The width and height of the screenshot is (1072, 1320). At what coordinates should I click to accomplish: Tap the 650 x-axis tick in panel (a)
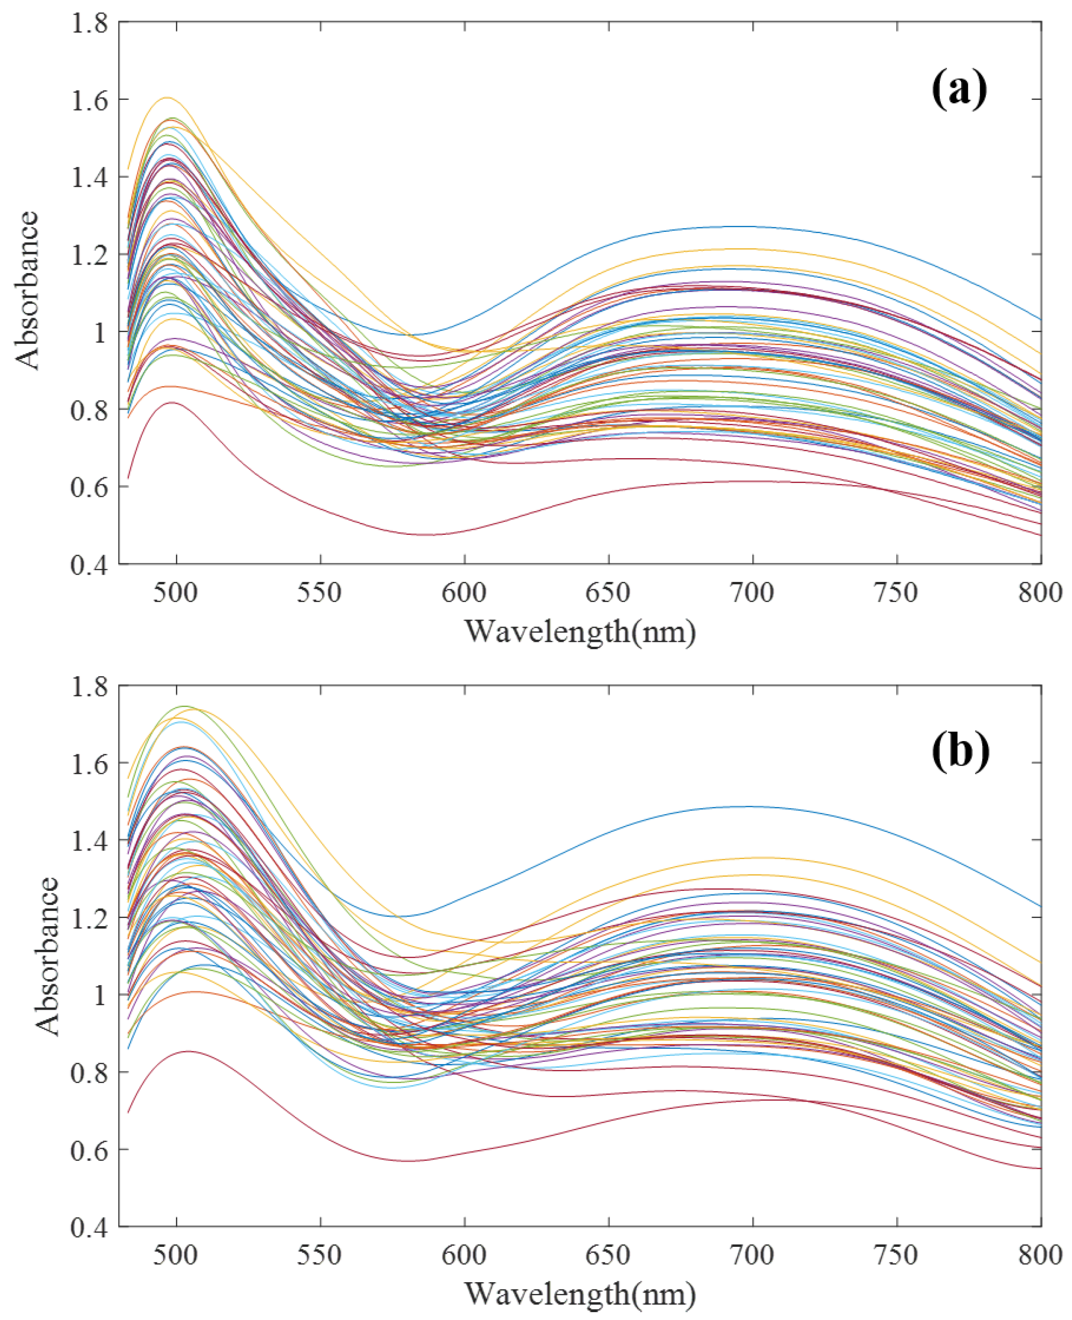point(608,593)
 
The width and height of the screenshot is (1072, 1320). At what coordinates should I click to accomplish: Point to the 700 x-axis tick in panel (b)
point(753,1255)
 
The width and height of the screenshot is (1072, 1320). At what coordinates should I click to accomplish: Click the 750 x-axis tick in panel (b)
point(897,1255)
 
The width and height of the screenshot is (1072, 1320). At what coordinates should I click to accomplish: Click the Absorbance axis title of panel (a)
point(28,291)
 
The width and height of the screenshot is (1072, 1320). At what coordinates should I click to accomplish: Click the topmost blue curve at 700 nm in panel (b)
point(753,806)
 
